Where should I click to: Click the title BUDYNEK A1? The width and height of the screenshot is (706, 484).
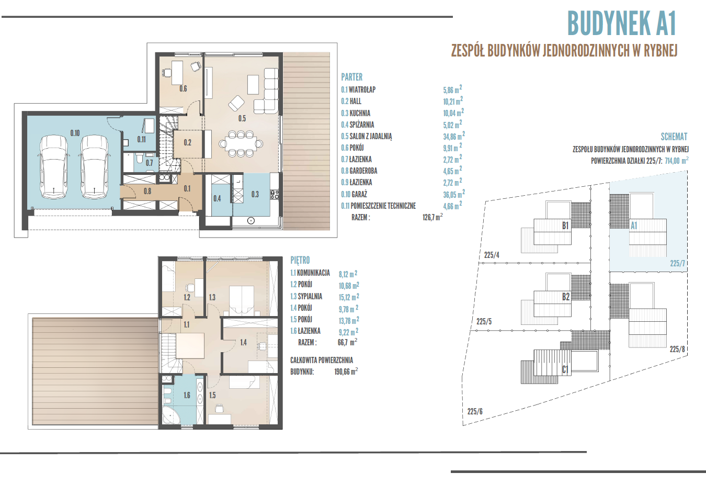click(621, 24)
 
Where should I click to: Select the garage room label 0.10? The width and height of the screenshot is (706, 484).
click(75, 133)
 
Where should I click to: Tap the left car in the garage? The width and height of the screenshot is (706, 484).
click(54, 167)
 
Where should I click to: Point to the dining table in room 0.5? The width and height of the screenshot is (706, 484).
click(241, 144)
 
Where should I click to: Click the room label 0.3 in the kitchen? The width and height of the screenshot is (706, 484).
click(255, 194)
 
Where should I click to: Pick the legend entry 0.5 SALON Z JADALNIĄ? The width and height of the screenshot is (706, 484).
click(366, 136)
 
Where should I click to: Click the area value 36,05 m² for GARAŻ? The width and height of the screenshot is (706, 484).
click(454, 194)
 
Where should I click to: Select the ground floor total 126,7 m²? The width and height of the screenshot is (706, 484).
click(432, 217)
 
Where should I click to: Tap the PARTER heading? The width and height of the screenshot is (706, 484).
click(352, 77)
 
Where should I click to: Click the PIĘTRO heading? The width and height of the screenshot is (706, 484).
click(300, 260)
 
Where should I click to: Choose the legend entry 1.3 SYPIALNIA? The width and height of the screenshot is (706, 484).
click(306, 296)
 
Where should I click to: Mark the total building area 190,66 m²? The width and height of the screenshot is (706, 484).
click(346, 372)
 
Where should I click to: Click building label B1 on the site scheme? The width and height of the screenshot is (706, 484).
click(565, 226)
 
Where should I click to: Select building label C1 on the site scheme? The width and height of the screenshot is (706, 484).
click(565, 369)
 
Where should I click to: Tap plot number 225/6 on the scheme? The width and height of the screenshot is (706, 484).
click(475, 411)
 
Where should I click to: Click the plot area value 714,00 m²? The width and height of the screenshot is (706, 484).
click(676, 161)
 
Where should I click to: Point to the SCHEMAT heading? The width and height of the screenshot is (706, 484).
click(674, 137)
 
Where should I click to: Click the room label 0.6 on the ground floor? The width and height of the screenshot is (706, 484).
click(183, 88)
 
